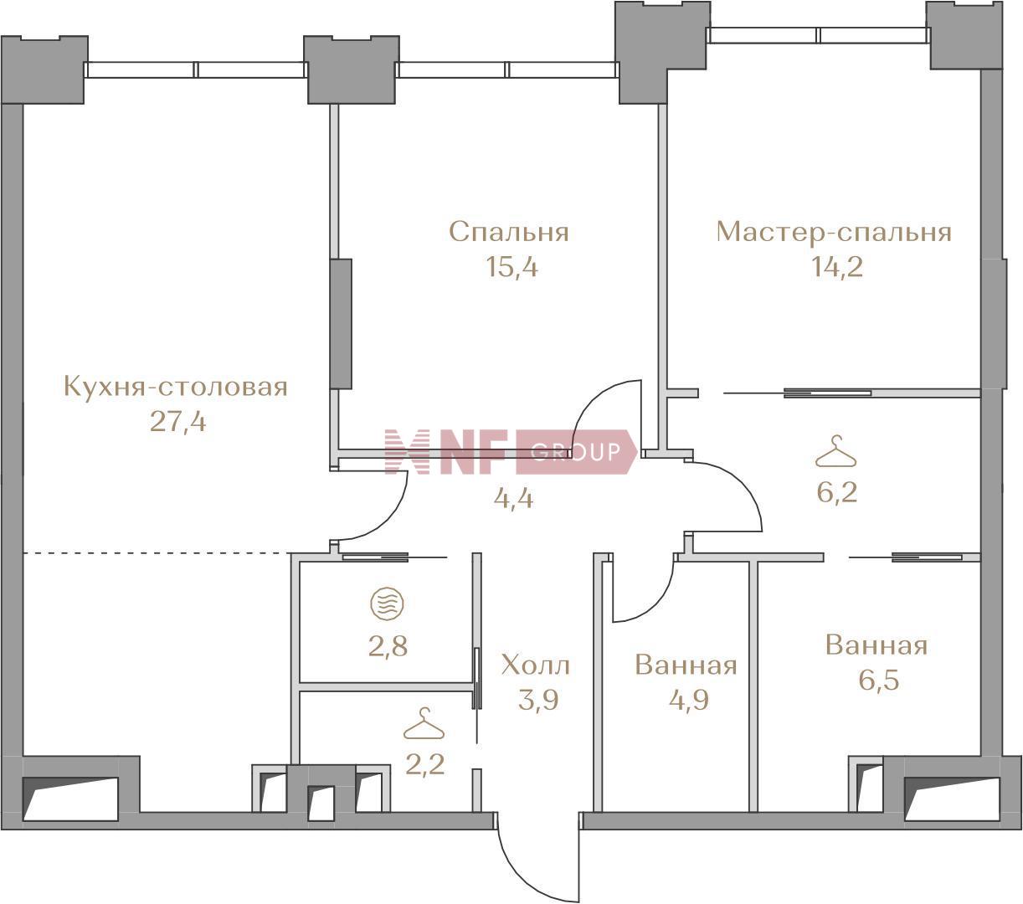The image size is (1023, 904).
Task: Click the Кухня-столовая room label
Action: click(x=176, y=388)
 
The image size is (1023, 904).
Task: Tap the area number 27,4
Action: click(x=177, y=422)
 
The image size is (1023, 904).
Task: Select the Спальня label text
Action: click(x=509, y=233)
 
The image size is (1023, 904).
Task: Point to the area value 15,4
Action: click(x=512, y=267)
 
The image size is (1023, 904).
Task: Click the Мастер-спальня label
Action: click(x=834, y=233)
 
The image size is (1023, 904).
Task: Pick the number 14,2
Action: click(x=836, y=267)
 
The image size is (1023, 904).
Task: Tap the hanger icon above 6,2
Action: click(x=836, y=451)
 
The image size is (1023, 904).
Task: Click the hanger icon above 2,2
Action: click(x=424, y=723)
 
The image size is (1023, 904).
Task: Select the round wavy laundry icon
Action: click(x=388, y=603)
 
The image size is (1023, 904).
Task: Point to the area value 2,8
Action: click(x=388, y=646)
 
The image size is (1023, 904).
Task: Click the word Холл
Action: click(x=536, y=665)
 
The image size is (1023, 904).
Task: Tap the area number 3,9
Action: click(x=538, y=700)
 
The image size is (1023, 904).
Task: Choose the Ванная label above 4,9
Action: click(x=686, y=665)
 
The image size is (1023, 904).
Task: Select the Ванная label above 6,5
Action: click(x=876, y=645)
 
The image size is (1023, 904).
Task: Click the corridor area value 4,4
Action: click(x=513, y=499)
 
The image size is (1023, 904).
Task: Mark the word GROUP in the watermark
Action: click(x=576, y=451)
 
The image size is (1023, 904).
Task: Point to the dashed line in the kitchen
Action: click(x=157, y=553)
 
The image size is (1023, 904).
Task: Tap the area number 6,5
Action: click(x=879, y=680)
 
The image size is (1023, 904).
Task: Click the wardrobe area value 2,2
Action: click(x=425, y=764)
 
